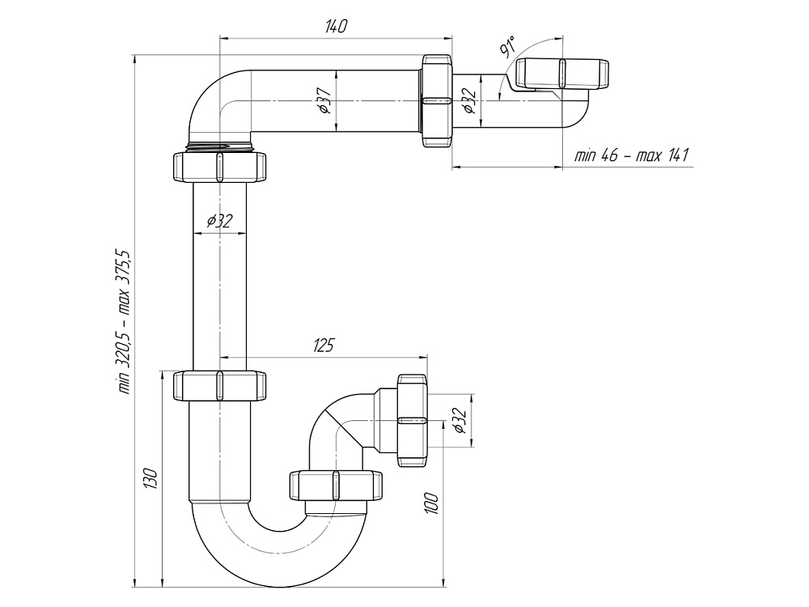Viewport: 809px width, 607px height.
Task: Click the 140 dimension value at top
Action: [x=336, y=27]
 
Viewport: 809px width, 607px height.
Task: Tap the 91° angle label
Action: [x=508, y=47]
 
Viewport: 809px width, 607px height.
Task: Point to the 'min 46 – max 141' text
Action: [x=632, y=155]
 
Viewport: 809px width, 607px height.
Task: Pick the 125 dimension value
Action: [x=323, y=346]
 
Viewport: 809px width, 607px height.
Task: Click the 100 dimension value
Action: [x=431, y=503]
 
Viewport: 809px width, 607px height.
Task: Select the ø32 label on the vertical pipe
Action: [x=220, y=221]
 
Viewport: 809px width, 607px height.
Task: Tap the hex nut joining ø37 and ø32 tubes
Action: [x=437, y=100]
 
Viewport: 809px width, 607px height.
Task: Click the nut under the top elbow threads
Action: [x=219, y=166]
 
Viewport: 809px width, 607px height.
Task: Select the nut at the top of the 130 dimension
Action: [x=219, y=386]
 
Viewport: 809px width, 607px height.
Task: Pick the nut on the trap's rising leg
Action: [x=337, y=485]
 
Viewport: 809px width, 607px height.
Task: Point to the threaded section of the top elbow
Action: [x=219, y=146]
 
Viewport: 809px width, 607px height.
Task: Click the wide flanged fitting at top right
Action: [x=561, y=74]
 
